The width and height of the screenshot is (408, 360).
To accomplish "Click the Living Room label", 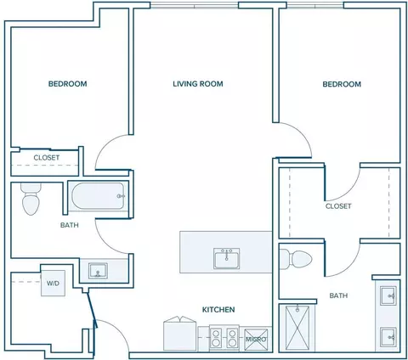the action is [x=198, y=84].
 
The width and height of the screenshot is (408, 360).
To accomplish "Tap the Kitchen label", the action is [x=218, y=310].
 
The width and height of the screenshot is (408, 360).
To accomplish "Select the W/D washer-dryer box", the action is [x=53, y=283].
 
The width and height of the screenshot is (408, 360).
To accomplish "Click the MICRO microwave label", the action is [x=256, y=339].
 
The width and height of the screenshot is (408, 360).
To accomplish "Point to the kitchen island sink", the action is [x=226, y=258].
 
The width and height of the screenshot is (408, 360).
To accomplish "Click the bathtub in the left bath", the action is [x=99, y=196].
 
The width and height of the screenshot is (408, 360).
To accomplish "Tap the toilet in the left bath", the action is [x=31, y=200].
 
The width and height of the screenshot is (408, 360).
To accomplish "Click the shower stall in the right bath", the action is [x=297, y=329].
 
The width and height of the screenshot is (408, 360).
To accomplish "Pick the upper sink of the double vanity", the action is [x=388, y=295].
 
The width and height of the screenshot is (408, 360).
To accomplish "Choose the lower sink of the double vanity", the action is [x=388, y=337].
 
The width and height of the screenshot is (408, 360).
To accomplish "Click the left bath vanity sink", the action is [x=98, y=271].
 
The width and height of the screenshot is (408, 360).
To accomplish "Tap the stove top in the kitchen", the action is [x=224, y=338].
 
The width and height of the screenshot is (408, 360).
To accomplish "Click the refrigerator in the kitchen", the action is [x=180, y=334].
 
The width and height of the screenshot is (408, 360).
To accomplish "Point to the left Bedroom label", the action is [x=67, y=84].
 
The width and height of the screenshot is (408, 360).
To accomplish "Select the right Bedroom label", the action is [x=342, y=84].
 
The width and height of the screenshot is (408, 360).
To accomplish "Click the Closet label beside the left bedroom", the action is [x=47, y=158].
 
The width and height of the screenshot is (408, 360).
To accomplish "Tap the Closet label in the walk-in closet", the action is [x=338, y=206].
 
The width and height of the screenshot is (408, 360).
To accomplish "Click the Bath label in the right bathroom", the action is [x=338, y=295].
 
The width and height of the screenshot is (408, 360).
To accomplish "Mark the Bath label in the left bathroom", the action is [x=70, y=225].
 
